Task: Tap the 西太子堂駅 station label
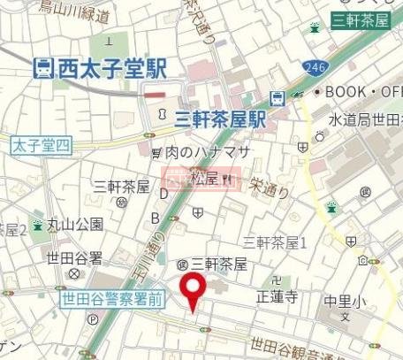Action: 110,67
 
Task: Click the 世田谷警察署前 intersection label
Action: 112,300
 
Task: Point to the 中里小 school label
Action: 342,301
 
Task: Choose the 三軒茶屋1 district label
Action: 274,241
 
